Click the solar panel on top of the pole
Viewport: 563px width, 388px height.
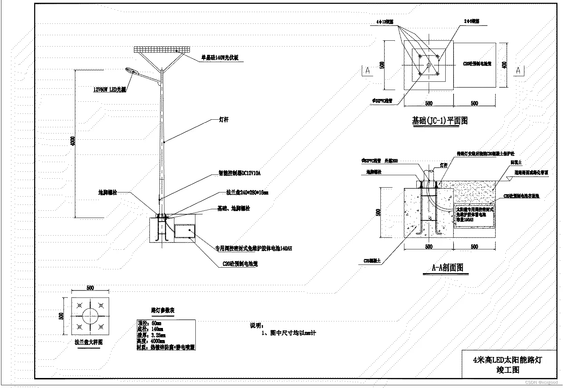point(162,49)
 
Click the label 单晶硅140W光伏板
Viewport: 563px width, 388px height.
point(220,58)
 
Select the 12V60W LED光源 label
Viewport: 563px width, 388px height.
point(109,90)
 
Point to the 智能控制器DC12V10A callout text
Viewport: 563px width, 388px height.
point(239,173)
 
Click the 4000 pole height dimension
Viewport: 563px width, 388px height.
point(72,141)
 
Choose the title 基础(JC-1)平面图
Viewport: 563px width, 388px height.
point(440,121)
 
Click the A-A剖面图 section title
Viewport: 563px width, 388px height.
point(447,268)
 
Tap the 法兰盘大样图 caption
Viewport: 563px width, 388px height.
point(89,342)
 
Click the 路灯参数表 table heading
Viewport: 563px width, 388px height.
point(163,310)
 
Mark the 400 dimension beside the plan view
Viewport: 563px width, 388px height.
point(505,65)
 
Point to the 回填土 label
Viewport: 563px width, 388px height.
point(516,162)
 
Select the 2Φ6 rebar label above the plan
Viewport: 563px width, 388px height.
point(471,21)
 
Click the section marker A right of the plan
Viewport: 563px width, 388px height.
point(518,70)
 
